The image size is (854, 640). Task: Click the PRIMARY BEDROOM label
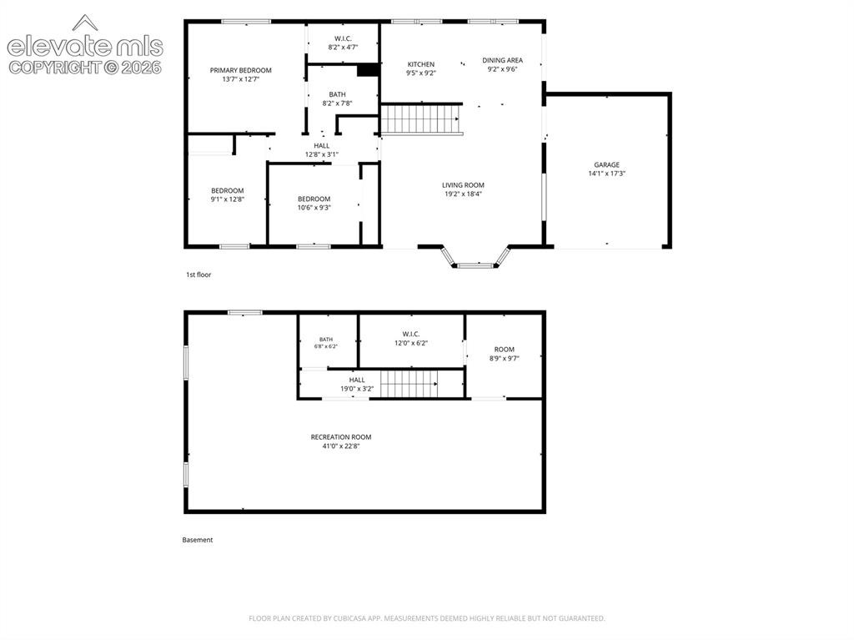(x=241, y=70)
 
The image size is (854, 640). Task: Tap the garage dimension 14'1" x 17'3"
(x=607, y=174)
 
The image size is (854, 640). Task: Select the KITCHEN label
(x=421, y=64)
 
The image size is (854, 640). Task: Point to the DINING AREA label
(x=502, y=61)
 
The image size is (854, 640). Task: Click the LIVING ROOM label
(x=463, y=185)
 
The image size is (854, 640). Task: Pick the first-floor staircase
(x=421, y=118)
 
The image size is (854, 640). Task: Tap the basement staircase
(x=409, y=384)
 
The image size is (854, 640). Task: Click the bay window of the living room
(x=476, y=259)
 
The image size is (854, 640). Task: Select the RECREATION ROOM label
(x=341, y=437)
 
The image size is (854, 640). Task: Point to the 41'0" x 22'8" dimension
(x=341, y=446)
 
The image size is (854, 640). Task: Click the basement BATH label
(x=326, y=340)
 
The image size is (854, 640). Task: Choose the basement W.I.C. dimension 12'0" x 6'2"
(x=411, y=343)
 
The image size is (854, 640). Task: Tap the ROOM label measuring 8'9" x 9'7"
(x=505, y=350)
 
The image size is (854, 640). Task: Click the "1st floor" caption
(x=198, y=275)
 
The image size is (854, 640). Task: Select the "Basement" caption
(x=197, y=540)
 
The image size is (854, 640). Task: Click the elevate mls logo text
(x=85, y=47)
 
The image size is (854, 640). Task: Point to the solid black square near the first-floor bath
(x=368, y=70)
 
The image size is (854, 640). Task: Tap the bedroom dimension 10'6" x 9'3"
(x=314, y=208)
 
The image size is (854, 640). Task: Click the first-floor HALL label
(x=321, y=145)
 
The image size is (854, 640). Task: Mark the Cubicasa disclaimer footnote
(x=426, y=618)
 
